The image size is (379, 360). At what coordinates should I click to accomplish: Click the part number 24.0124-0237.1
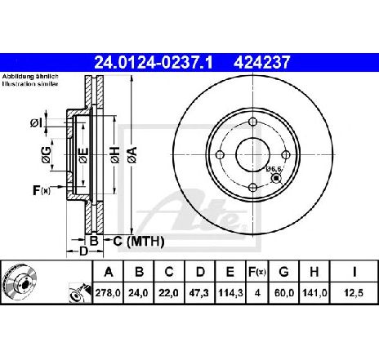[x=153, y=63]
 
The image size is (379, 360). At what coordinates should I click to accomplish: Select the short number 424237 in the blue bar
[x=261, y=63]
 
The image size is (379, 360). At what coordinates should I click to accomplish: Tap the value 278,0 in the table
[x=108, y=293]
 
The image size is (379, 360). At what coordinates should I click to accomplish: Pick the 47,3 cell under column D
[x=199, y=293]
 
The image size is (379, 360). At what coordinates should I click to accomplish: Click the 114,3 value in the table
[x=230, y=293]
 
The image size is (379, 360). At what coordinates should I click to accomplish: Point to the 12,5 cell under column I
[x=354, y=293]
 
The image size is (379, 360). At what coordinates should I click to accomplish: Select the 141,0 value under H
[x=314, y=293]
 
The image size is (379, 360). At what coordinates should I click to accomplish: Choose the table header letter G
[x=283, y=272]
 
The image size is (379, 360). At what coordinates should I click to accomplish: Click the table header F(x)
[x=257, y=272]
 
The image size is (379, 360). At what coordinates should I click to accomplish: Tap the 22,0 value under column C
[x=169, y=293]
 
